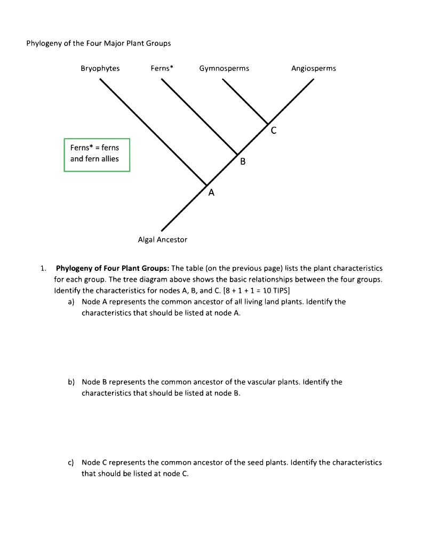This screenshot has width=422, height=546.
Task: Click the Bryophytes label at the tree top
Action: pyautogui.click(x=100, y=68)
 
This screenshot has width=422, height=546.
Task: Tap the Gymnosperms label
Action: pyautogui.click(x=224, y=68)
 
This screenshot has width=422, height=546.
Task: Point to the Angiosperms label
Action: pyautogui.click(x=314, y=68)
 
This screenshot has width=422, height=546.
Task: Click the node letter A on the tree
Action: pyautogui.click(x=211, y=194)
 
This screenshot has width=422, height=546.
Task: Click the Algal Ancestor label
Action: pyautogui.click(x=163, y=240)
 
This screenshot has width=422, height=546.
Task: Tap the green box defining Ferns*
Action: pyautogui.click(x=97, y=155)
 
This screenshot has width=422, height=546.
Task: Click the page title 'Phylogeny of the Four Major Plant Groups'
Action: pyautogui.click(x=99, y=43)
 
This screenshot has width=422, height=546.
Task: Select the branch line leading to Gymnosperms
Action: pyautogui.click(x=245, y=101)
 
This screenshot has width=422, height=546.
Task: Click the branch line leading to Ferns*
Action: pyautogui.click(x=200, y=117)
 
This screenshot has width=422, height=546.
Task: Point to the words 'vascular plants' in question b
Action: pyautogui.click(x=301, y=382)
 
